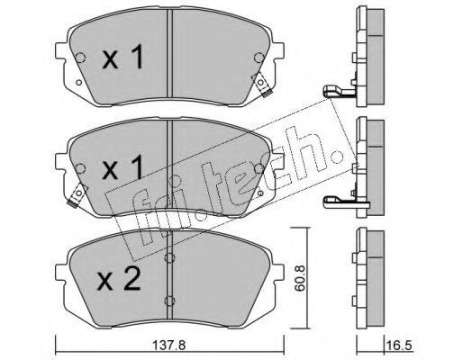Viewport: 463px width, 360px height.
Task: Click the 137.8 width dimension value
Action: click(x=169, y=346)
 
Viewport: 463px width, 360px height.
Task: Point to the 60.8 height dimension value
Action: click(x=300, y=278)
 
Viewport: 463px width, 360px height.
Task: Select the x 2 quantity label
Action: click(x=119, y=279)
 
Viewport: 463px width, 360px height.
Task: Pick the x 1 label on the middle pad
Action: click(x=123, y=168)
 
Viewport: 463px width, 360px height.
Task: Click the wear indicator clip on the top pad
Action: click(x=262, y=85)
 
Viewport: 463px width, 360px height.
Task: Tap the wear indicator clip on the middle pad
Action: click(x=77, y=194)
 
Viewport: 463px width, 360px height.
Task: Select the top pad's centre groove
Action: click(x=170, y=53)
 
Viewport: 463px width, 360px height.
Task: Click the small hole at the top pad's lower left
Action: click(x=79, y=82)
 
